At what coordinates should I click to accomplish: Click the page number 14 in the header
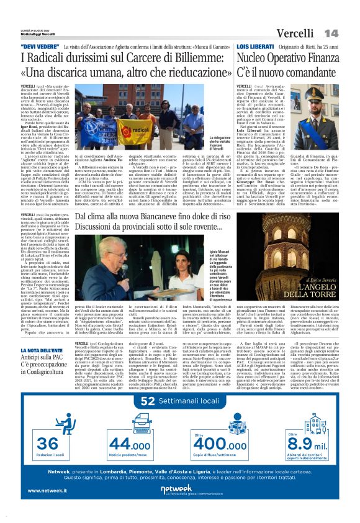pos(331,32)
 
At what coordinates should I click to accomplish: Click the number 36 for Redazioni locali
pos(48,443)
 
